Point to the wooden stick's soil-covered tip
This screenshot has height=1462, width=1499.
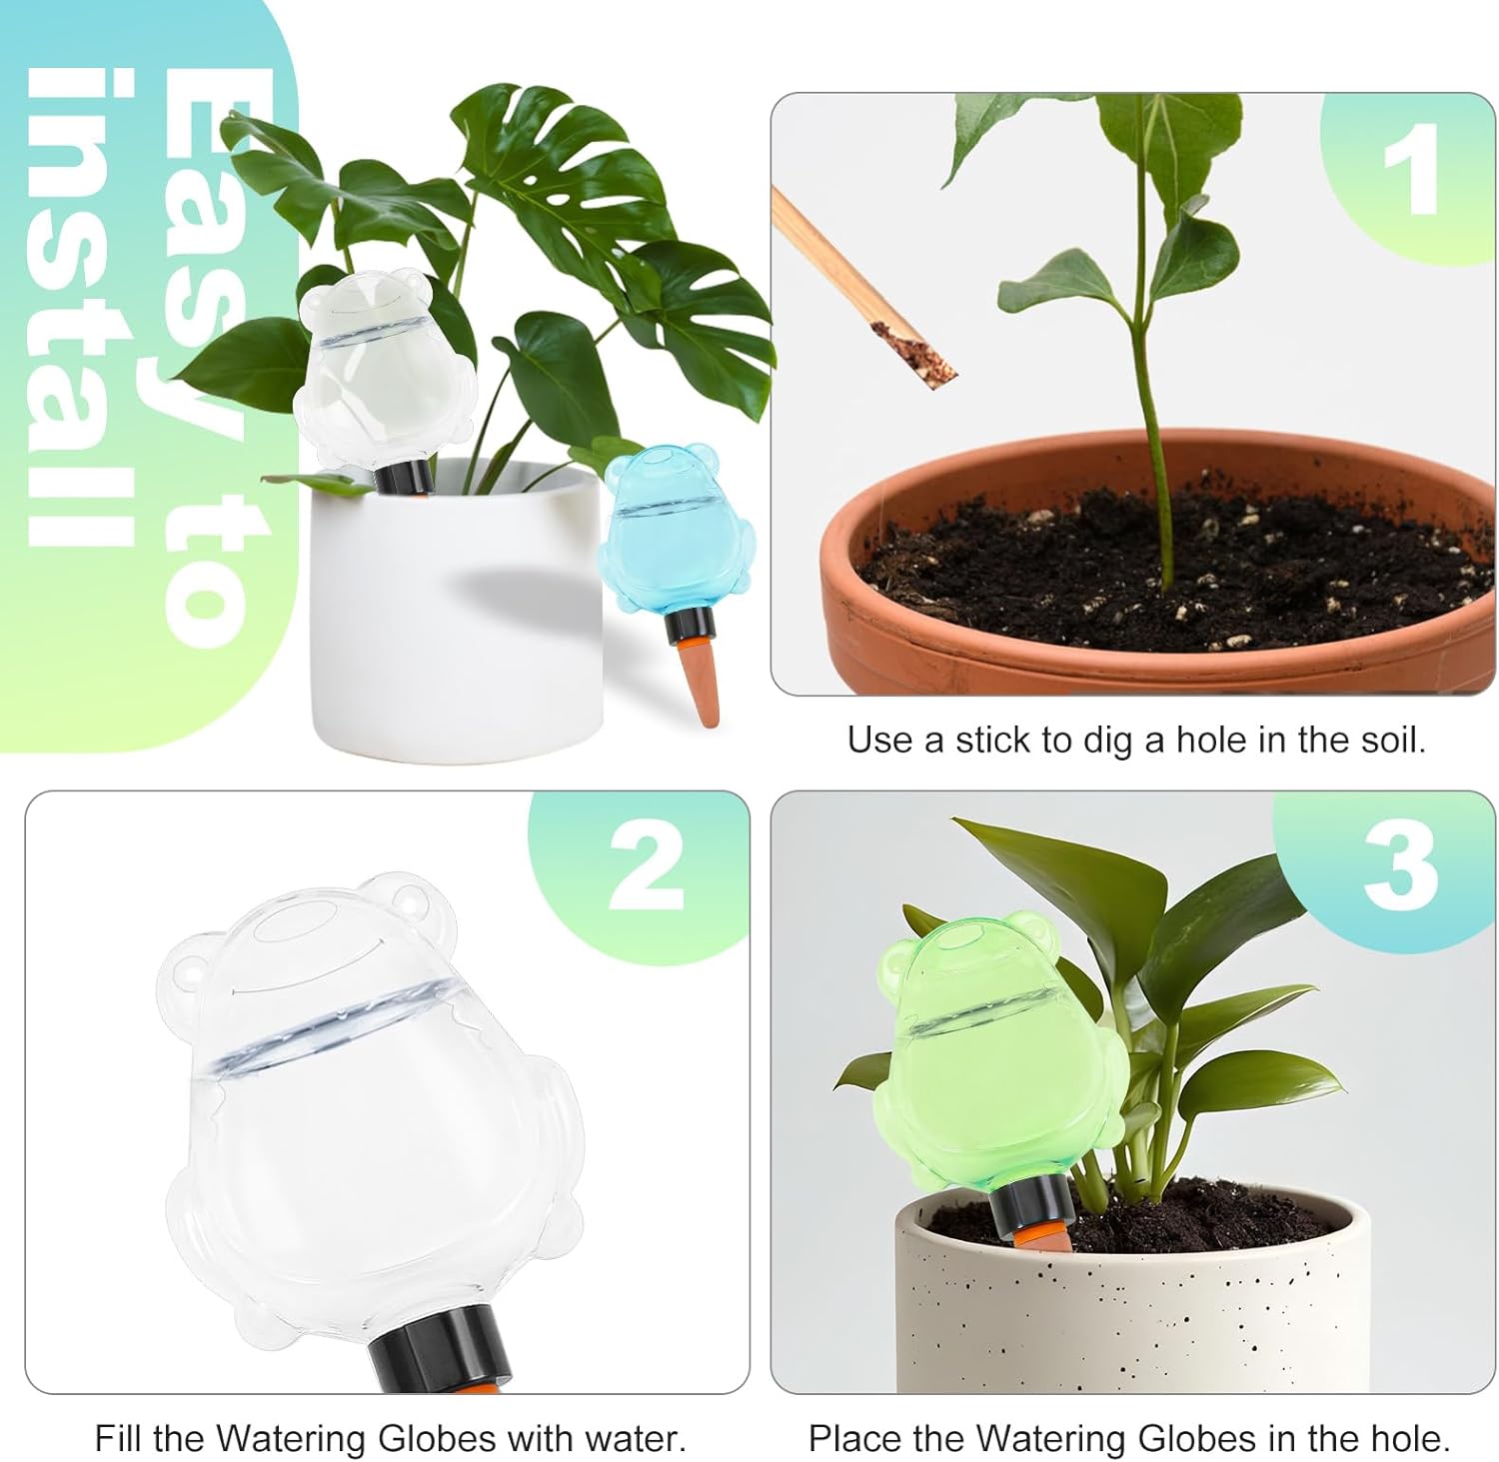(x=913, y=355)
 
